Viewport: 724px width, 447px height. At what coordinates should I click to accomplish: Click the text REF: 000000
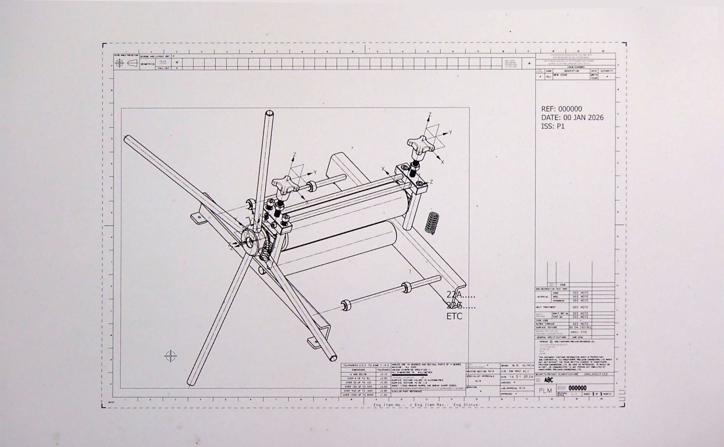(561, 109)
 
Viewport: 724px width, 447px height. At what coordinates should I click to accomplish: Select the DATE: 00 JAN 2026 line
(572, 118)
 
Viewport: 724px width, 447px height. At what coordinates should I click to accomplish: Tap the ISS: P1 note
(553, 126)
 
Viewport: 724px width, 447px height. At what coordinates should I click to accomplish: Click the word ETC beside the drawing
(454, 316)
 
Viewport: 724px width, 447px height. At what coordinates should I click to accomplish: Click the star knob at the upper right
(417, 145)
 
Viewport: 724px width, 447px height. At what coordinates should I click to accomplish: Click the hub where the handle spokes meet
(249, 240)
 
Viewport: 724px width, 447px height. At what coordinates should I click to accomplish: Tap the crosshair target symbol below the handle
(171, 356)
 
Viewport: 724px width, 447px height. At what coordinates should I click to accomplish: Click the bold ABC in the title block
(549, 380)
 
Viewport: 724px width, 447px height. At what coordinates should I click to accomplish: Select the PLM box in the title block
(545, 390)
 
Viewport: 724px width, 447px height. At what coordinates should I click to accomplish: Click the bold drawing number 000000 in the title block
(577, 388)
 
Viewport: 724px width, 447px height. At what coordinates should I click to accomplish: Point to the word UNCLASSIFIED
(595, 374)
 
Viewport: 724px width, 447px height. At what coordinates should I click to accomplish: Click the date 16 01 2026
(522, 376)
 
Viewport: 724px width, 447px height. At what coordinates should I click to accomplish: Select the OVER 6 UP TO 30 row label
(358, 378)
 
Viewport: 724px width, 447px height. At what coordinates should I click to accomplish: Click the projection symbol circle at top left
(120, 63)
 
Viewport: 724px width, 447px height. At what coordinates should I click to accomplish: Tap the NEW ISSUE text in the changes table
(560, 75)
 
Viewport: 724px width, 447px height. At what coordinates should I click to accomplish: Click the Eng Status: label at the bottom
(466, 405)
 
